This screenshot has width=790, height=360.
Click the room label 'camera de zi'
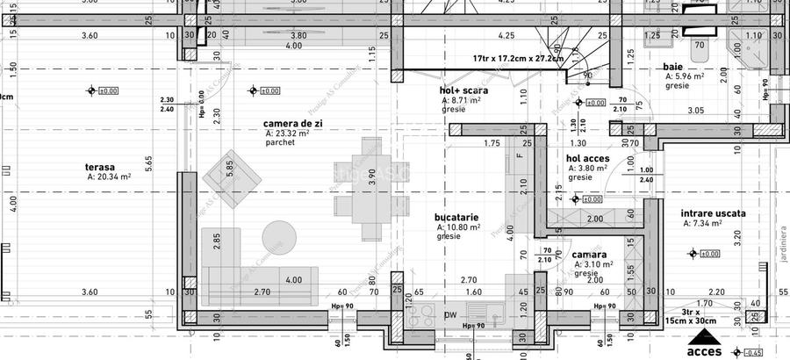tap(293, 124)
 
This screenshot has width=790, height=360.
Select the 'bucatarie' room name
tap(456, 216)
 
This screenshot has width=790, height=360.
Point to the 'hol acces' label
tap(588, 159)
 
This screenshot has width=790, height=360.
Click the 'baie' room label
tap(673, 67)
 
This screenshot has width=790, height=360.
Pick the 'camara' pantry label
tap(590, 254)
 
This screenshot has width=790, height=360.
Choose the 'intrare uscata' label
tap(713, 213)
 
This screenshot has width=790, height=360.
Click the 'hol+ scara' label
tap(463, 90)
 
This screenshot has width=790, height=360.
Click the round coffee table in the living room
tap(278, 234)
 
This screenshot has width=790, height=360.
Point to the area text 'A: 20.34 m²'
tap(109, 176)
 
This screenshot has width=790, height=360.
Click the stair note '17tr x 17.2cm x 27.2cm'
tap(518, 58)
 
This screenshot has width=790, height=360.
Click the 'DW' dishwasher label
tap(449, 314)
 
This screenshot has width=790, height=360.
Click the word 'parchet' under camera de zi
tap(279, 142)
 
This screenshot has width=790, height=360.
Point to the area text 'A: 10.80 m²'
tap(458, 227)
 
